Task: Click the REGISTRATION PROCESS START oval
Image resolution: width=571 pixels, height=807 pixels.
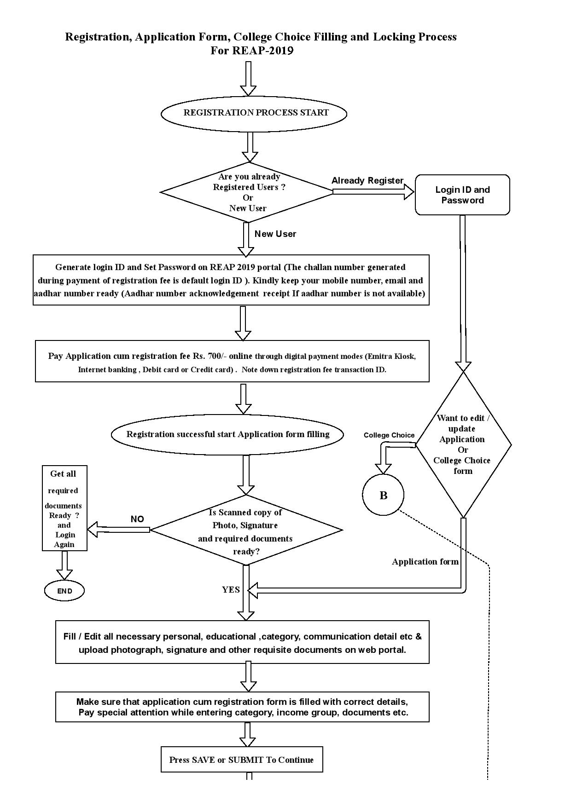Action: pos(254,113)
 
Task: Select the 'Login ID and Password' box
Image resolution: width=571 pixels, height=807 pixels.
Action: pos(462,195)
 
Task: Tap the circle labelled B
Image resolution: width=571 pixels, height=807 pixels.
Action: pos(383,495)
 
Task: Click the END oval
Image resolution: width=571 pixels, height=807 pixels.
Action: pos(64,591)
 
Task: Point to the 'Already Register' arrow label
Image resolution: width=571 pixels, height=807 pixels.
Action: pos(367,181)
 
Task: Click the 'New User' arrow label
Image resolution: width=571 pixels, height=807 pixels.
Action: pos(275,234)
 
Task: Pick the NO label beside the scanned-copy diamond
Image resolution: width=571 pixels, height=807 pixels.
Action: pos(137,519)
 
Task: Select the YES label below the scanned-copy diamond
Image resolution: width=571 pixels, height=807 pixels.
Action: pos(231,590)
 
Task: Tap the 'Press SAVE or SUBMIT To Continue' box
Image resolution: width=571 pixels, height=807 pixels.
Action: pos(242,760)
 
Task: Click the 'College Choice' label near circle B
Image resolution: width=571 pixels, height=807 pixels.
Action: pos(389,435)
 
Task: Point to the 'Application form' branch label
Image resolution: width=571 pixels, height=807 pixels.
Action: pos(425,562)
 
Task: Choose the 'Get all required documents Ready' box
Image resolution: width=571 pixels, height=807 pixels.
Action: pos(64,508)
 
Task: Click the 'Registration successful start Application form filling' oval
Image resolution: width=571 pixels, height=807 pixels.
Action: pos(227,435)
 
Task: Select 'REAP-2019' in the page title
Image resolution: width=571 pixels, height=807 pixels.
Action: pos(262,51)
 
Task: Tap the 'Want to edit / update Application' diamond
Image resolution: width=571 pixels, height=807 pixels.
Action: pos(463,444)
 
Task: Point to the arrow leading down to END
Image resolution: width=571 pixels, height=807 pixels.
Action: pos(64,565)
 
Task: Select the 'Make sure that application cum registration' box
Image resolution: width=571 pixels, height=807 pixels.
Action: pos(242,707)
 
